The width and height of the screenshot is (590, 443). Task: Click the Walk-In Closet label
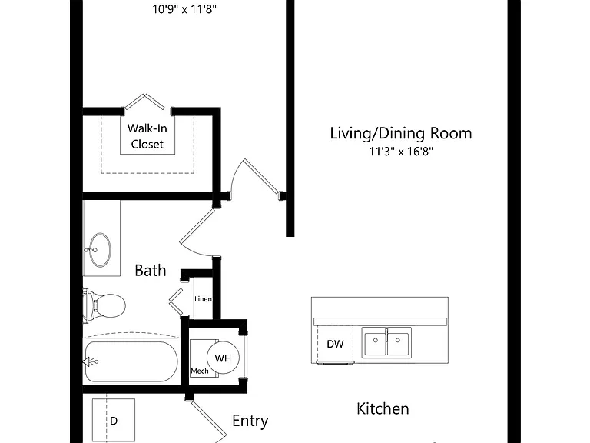(x=147, y=136)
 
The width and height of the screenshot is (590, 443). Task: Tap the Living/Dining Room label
(x=401, y=133)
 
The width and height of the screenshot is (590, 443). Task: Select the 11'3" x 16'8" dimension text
(x=401, y=152)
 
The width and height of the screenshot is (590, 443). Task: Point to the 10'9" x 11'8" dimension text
(x=184, y=9)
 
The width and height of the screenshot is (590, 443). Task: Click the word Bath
(x=150, y=271)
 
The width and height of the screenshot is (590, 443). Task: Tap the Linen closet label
(x=203, y=298)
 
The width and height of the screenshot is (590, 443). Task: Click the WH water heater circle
(x=223, y=358)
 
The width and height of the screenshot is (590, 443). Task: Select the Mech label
(x=200, y=371)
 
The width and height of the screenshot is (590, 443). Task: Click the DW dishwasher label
(x=335, y=344)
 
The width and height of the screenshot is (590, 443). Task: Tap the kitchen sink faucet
(x=386, y=335)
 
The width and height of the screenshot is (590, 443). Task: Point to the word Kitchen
(x=383, y=408)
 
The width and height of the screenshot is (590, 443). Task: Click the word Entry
(x=250, y=421)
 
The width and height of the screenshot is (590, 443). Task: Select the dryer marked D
(x=114, y=420)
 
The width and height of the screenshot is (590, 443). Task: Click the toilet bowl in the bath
(x=110, y=305)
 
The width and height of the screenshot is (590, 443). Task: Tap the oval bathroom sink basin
(x=100, y=250)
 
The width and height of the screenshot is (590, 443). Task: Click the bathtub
(x=131, y=361)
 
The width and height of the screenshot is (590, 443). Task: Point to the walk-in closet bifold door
(x=144, y=102)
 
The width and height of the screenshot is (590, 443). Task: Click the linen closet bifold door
(x=176, y=301)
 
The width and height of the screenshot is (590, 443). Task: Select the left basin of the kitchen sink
(x=375, y=342)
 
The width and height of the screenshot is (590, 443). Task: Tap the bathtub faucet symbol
(x=91, y=361)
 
